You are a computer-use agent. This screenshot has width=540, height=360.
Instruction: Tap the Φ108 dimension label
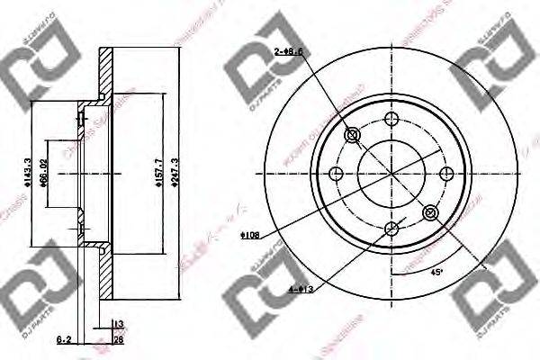point(250,235)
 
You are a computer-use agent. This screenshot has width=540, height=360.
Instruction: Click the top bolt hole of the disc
point(391,118)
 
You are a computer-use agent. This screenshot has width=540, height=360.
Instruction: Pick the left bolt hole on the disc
point(337,173)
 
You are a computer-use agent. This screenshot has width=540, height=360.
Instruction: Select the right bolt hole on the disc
point(446,173)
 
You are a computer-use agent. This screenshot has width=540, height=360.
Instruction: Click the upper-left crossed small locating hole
point(353,135)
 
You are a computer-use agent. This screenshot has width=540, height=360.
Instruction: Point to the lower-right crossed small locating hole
point(430,212)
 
